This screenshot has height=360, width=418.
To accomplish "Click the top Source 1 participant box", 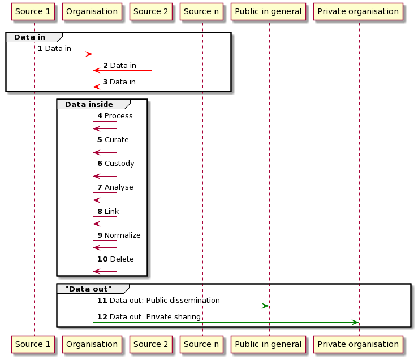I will [33, 11].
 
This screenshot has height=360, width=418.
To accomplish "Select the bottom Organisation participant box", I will [92, 344].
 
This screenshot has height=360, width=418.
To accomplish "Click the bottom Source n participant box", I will [202, 344].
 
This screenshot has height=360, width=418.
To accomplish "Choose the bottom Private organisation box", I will [358, 344].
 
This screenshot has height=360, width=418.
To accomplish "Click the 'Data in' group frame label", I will [31, 37].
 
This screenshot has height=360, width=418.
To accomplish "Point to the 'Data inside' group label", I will [89, 104].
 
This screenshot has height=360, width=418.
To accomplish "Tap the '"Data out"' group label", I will [88, 289].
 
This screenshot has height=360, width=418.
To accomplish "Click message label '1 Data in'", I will [54, 49].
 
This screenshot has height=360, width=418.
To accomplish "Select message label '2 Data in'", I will [119, 66].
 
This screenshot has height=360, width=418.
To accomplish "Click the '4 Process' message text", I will [115, 116].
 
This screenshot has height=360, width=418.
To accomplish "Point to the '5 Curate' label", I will [113, 140].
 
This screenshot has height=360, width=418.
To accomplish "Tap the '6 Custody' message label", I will [116, 164].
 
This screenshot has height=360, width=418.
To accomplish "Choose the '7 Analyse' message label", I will [115, 187].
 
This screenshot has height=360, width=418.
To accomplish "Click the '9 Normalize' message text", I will [119, 235].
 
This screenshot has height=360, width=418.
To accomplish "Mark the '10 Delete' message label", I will [115, 259].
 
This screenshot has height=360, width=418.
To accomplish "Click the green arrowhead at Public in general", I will [264, 306].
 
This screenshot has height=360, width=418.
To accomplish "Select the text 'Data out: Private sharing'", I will [155, 317].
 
